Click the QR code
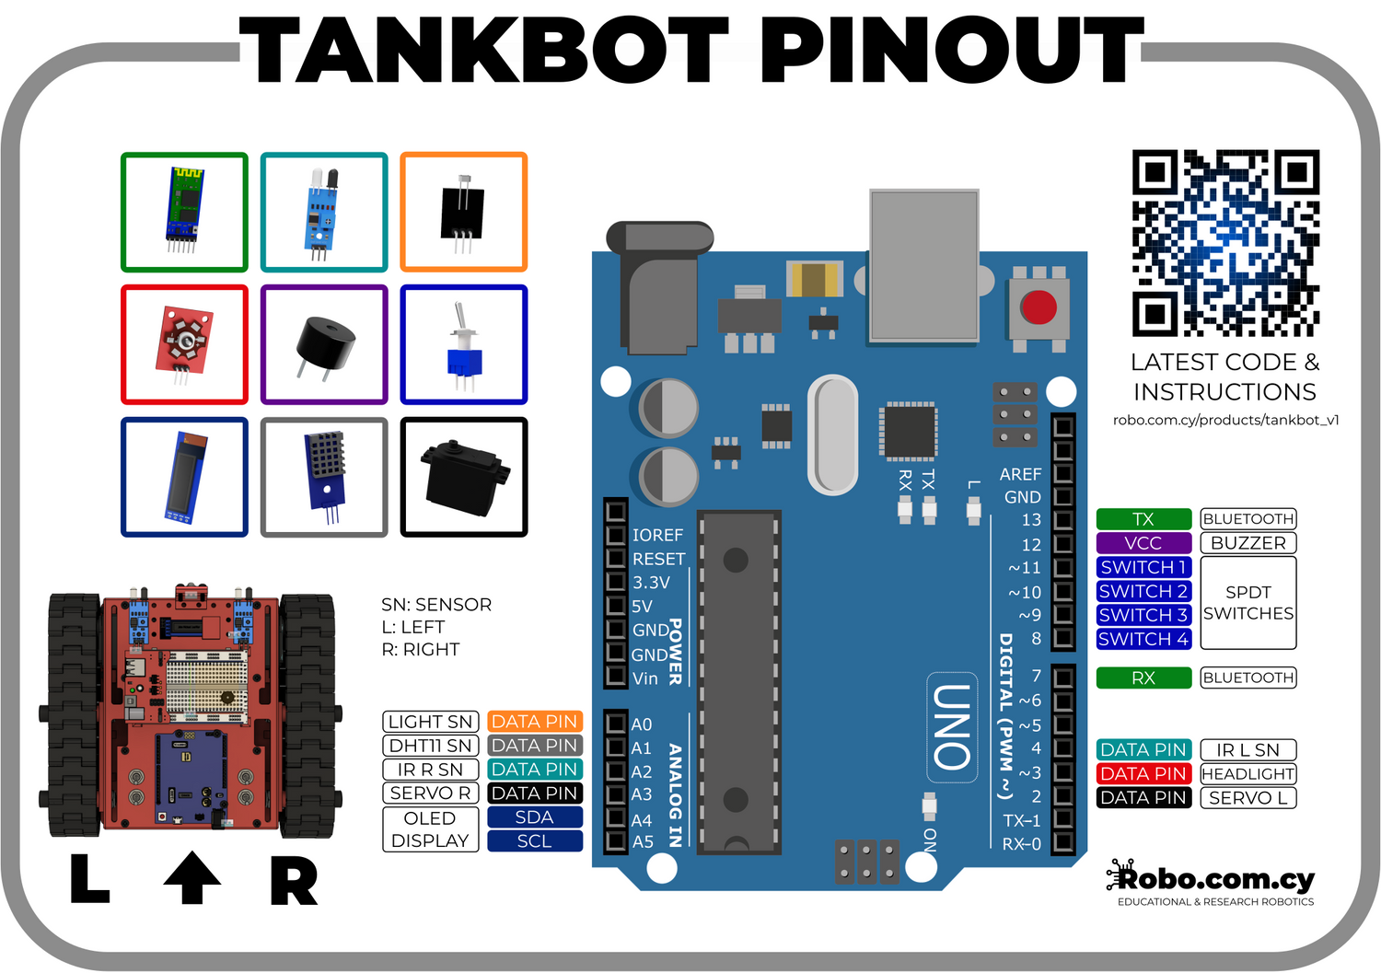coord(1225,243)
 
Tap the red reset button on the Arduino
coord(1039,307)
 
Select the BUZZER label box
coord(1248,543)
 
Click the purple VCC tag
coord(1143,543)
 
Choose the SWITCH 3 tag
coord(1143,615)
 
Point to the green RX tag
coord(1143,678)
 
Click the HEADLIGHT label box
coord(1248,774)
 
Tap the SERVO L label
coord(1248,798)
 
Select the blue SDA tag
coord(534,817)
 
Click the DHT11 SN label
coord(430,746)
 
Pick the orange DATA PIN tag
coord(534,722)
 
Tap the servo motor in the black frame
coord(464,475)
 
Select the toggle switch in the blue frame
coord(463,345)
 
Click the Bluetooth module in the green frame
coord(184,211)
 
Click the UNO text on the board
coord(952,727)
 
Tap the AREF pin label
coord(1020,474)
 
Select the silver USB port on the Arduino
coord(923,266)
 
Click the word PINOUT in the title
coord(951,52)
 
